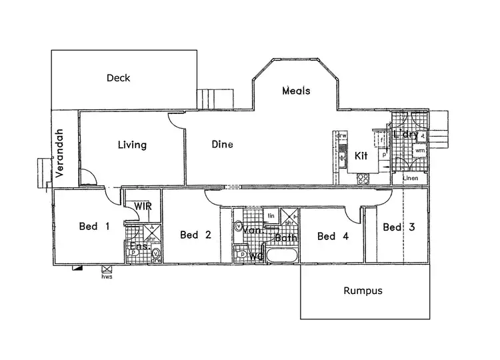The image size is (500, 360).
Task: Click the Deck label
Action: click(118, 78)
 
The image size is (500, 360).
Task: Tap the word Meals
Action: click(296, 91)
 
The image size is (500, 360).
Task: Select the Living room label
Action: click(132, 145)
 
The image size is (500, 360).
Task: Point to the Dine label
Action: click(222, 144)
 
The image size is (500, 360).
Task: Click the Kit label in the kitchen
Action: click(361, 156)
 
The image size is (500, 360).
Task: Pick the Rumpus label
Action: click(363, 291)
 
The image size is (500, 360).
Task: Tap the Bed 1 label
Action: click(94, 227)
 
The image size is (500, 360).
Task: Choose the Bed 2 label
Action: click(195, 235)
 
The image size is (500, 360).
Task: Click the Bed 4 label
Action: click(333, 236)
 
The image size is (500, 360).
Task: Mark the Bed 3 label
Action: click(399, 227)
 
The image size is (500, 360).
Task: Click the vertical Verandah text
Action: click(59, 153)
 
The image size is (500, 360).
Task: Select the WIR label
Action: click(143, 207)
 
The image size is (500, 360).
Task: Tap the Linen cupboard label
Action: click(409, 179)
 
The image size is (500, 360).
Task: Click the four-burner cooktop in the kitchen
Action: click(364, 178)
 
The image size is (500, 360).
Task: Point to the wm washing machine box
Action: click(419, 151)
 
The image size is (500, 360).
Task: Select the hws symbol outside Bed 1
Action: click(106, 269)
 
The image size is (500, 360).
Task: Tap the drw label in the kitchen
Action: click(342, 136)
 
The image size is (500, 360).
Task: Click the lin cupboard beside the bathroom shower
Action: click(271, 216)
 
